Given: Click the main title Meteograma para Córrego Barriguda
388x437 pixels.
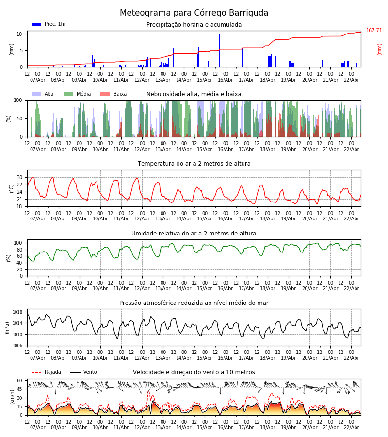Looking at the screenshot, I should [x=194, y=13].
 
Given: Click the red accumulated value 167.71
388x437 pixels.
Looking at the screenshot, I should [x=374, y=31].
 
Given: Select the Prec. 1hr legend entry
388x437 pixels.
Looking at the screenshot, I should [x=48, y=24].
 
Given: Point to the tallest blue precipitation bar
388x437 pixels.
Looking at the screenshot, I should [x=220, y=50].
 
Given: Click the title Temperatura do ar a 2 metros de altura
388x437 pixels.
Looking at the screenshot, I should [x=194, y=164].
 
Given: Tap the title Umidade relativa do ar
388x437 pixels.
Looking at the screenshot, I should [x=194, y=234].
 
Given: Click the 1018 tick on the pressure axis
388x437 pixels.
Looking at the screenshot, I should [x=18, y=312].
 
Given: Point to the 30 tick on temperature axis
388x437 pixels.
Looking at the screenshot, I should [x=20, y=177].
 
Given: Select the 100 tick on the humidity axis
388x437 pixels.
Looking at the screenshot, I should [x=18, y=243].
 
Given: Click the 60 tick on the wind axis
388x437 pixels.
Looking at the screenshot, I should [x=19, y=381].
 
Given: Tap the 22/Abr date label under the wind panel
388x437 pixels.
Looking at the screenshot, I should [x=351, y=427].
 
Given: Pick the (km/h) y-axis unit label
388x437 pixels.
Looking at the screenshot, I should [x=12, y=397].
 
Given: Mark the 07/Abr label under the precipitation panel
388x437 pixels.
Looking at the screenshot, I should [x=38, y=80].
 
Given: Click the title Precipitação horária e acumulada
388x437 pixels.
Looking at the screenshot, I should [x=194, y=25].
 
